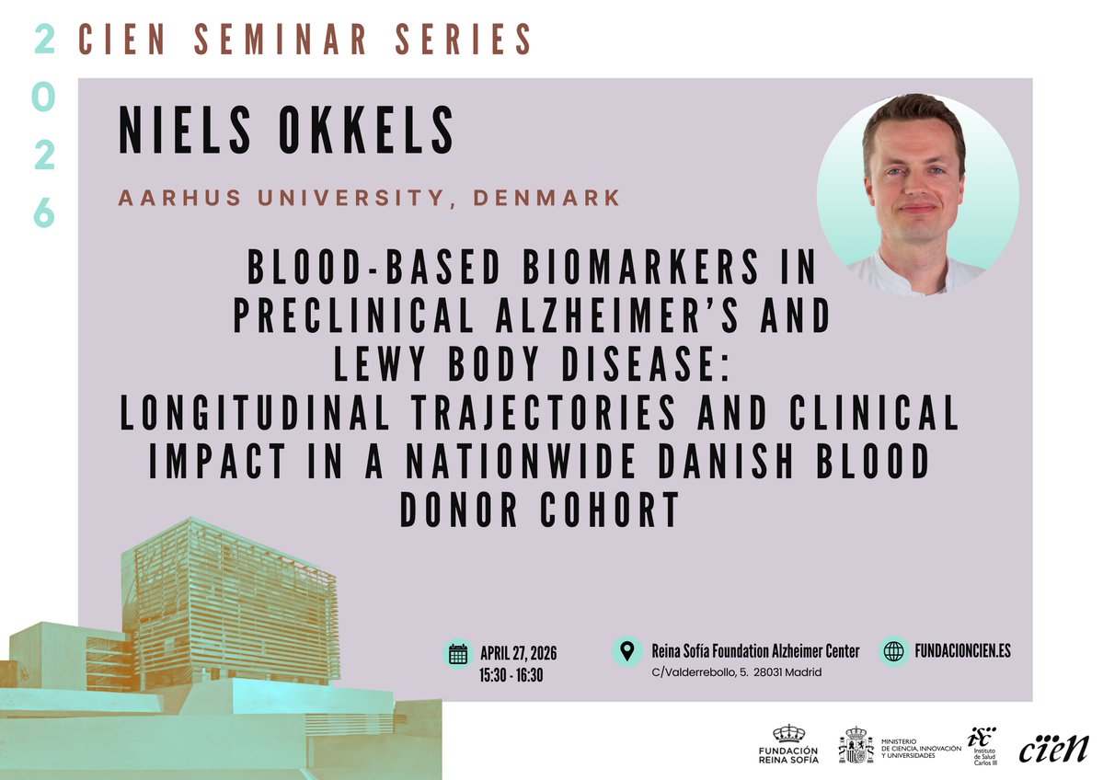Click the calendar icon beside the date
pyautogui.click(x=458, y=654)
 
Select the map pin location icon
pyautogui.click(x=627, y=651)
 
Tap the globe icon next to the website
pyautogui.click(x=893, y=651)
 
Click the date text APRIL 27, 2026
pyautogui.click(x=519, y=654)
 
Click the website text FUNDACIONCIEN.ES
pyautogui.click(x=963, y=651)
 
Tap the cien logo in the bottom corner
pyautogui.click(x=1053, y=747)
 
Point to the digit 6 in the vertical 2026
pyautogui.click(x=44, y=214)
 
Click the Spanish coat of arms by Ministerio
pyautogui.click(x=856, y=745)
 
